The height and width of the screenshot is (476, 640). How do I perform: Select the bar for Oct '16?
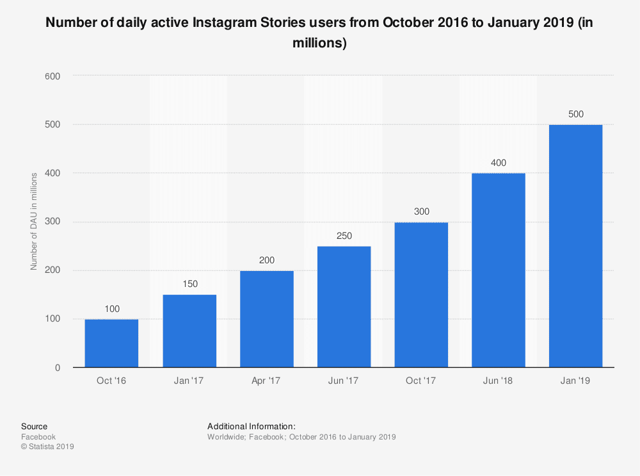pos(111,343)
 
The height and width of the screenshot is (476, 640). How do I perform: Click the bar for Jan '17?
pos(189,331)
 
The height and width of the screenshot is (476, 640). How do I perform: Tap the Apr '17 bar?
pos(267,319)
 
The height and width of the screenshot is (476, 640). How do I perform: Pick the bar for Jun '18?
pos(499,270)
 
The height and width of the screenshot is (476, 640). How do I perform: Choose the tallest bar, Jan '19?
pos(576,246)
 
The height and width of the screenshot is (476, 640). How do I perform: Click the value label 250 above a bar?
pos(344,236)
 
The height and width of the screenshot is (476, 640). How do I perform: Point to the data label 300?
pos(421,211)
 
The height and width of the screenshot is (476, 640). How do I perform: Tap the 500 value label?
pos(576,114)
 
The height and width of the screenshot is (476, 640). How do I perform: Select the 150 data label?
pos(189,284)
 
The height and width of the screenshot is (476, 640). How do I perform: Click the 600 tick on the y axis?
pos(52,76)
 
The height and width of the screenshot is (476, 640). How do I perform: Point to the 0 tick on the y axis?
pos(57,368)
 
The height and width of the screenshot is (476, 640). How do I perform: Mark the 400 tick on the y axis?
pos(52,173)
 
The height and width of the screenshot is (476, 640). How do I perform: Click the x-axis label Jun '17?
pos(344,381)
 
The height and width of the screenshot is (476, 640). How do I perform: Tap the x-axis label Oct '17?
pos(421,381)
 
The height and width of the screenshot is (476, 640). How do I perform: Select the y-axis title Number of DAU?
pos(34,221)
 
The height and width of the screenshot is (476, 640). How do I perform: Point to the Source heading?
pos(34,426)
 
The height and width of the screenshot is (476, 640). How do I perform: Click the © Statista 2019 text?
pos(47,447)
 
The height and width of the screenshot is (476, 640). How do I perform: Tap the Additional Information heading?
pos(251,426)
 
